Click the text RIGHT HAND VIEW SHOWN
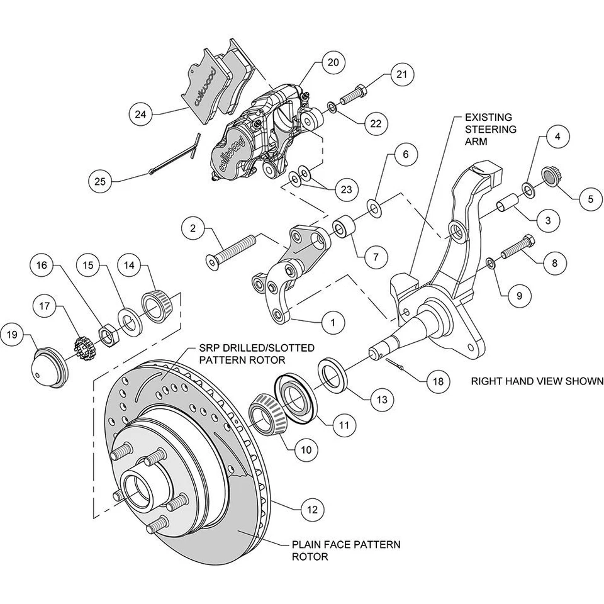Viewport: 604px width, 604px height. pyautogui.click(x=537, y=381)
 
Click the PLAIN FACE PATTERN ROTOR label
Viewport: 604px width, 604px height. pyautogui.click(x=345, y=551)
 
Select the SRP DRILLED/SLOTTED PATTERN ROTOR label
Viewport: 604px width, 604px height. pyautogui.click(x=257, y=354)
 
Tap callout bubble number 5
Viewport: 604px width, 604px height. pyautogui.click(x=590, y=199)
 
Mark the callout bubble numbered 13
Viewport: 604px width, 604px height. pyautogui.click(x=381, y=398)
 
